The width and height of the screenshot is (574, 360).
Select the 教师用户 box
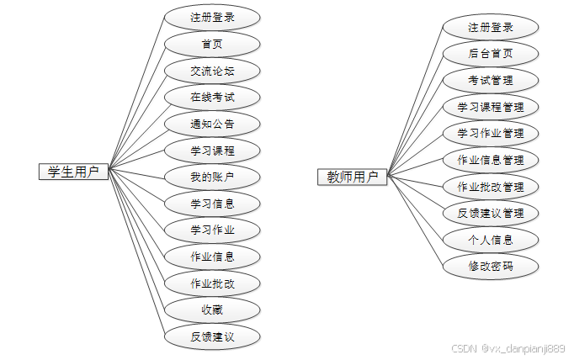point(353,177)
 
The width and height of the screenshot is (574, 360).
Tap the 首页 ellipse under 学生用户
point(212,43)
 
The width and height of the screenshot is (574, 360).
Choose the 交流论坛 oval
point(212,70)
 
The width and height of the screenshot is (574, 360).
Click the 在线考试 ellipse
point(212,97)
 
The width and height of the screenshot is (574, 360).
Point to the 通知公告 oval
point(212,124)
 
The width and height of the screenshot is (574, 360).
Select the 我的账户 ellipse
point(212,177)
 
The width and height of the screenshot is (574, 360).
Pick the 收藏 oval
point(212,310)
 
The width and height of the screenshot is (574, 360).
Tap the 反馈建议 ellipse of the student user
point(212,336)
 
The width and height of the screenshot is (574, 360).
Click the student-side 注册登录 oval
point(212,16)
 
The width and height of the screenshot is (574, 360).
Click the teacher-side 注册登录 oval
point(491,27)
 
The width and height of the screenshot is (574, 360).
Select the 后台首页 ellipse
point(491,54)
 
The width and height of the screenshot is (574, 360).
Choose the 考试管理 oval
point(491,81)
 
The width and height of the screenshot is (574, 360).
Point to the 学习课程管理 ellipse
point(491,107)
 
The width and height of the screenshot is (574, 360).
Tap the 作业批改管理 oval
point(491,186)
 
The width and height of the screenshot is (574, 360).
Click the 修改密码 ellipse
point(491,266)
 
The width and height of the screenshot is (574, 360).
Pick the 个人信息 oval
point(491,240)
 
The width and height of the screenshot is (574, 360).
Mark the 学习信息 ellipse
point(212,203)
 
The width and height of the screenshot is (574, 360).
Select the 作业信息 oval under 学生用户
point(212,256)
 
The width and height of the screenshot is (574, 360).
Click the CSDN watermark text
point(508,348)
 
